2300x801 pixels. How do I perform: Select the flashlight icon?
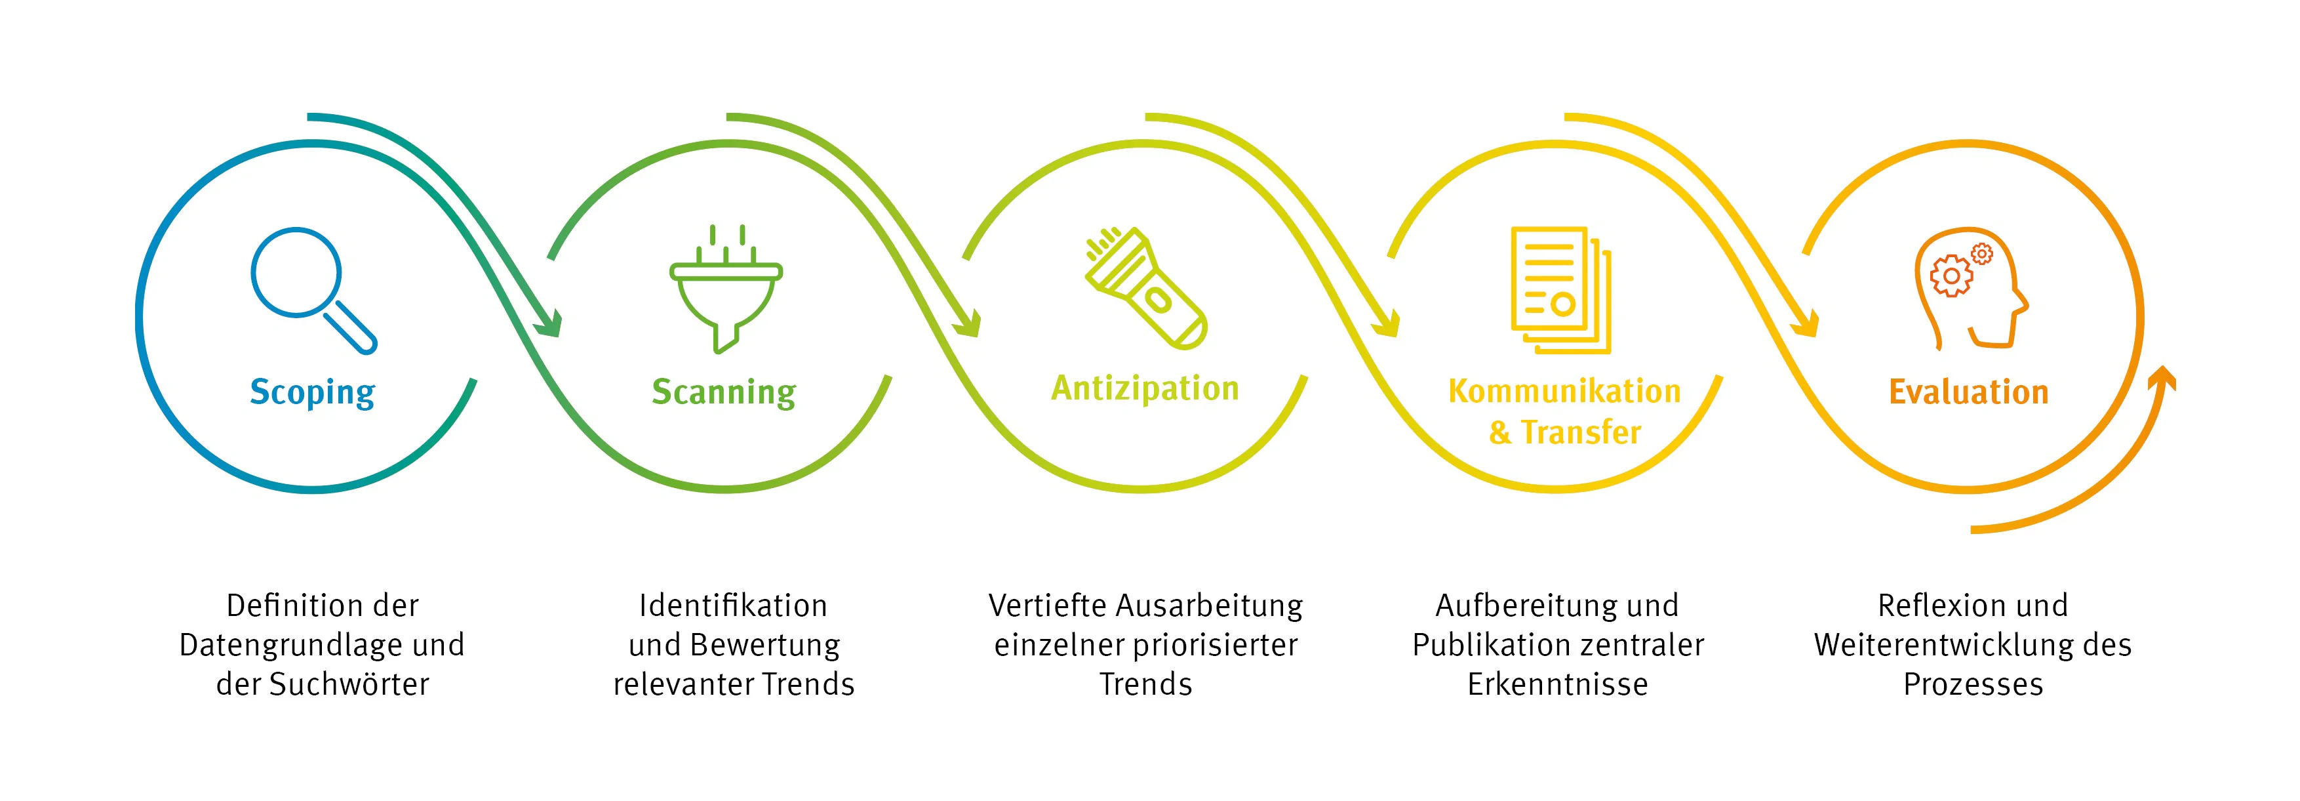point(1145,287)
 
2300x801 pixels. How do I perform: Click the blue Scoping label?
point(313,392)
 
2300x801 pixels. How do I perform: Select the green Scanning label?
point(724,392)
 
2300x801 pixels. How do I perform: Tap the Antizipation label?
point(1145,388)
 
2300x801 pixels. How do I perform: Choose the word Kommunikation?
point(1564,391)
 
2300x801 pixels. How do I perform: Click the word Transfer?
point(1581,432)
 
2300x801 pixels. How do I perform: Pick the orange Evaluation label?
point(1969,392)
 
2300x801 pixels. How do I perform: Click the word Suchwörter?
point(349,684)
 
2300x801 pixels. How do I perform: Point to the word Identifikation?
point(733,606)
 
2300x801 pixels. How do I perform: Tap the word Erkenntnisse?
point(1558,684)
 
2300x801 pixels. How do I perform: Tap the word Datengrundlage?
point(282,645)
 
